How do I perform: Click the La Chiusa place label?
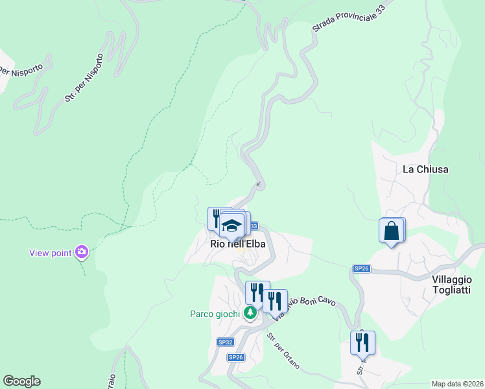point(425,169)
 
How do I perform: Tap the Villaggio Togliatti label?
point(451,285)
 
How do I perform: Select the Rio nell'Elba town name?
point(238,244)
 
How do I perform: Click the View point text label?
point(50,253)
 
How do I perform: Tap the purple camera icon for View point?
point(82,252)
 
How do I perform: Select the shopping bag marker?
point(391,231)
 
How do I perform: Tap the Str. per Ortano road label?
point(283,351)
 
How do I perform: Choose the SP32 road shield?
point(224,341)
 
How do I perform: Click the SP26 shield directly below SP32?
point(235,357)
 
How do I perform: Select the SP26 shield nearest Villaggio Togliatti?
point(361,268)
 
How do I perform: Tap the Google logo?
point(21,381)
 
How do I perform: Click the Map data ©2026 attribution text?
point(457,383)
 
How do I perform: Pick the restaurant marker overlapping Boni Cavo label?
point(274,300)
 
